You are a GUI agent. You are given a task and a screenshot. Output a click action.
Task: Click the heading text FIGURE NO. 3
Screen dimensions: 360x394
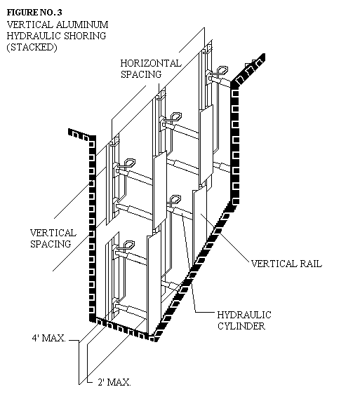tap(34, 12)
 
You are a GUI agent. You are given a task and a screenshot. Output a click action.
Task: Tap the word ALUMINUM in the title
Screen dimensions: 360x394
tap(82, 25)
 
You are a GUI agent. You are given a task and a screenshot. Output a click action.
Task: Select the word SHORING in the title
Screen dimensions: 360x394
tap(85, 36)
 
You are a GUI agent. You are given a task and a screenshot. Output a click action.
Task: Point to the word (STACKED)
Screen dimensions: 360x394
tap(32, 47)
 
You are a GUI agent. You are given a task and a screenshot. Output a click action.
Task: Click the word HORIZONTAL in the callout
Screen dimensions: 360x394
tap(151, 63)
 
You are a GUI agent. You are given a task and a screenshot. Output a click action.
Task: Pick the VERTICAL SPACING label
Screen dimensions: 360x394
tap(53, 238)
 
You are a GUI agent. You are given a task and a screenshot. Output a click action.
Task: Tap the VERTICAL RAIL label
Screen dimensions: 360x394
tap(286, 264)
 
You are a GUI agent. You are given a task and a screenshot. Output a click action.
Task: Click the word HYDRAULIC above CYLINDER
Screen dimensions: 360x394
tap(244, 315)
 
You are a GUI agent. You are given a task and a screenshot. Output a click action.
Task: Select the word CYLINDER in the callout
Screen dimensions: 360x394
tap(241, 326)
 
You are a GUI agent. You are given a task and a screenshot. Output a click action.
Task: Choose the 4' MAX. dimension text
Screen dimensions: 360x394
tap(49, 338)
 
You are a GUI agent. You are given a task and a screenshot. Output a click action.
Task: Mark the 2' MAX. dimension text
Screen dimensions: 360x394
tap(114, 382)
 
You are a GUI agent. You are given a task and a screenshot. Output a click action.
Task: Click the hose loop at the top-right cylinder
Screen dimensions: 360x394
tap(222, 70)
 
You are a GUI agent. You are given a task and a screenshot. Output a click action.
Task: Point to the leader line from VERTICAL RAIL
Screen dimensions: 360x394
tap(225, 237)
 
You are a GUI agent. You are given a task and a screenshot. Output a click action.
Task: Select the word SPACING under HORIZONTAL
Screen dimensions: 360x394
tap(141, 74)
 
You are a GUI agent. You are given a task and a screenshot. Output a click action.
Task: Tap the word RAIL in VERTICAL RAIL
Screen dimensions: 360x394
tap(310, 264)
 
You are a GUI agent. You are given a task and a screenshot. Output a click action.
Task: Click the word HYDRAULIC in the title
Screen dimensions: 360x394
tap(34, 36)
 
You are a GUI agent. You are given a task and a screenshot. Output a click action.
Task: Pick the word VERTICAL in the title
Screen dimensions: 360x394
tap(30, 25)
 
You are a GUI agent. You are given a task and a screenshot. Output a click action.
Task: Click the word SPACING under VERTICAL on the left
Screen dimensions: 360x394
tap(51, 244)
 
